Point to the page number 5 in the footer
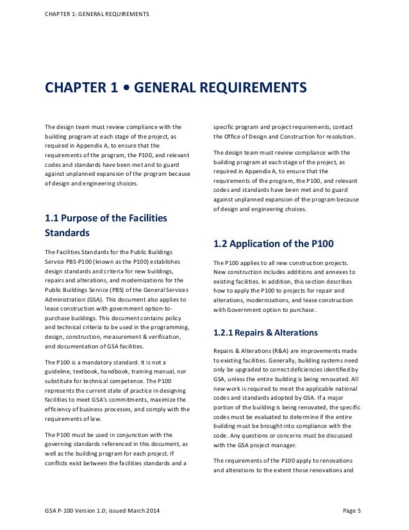coord(360,511)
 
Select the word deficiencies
coord(312,371)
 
